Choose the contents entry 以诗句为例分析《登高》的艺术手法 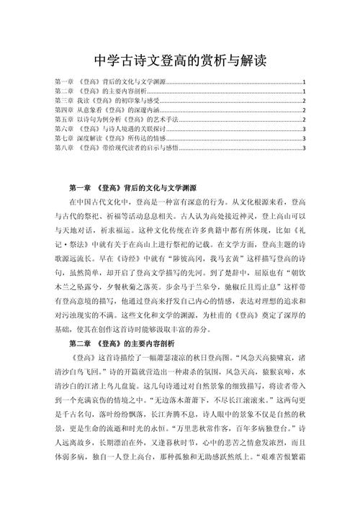pos(116,120)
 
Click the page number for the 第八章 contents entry pos(305,148)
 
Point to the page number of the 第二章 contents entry pos(305,91)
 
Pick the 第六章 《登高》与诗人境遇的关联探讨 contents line pos(116,129)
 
